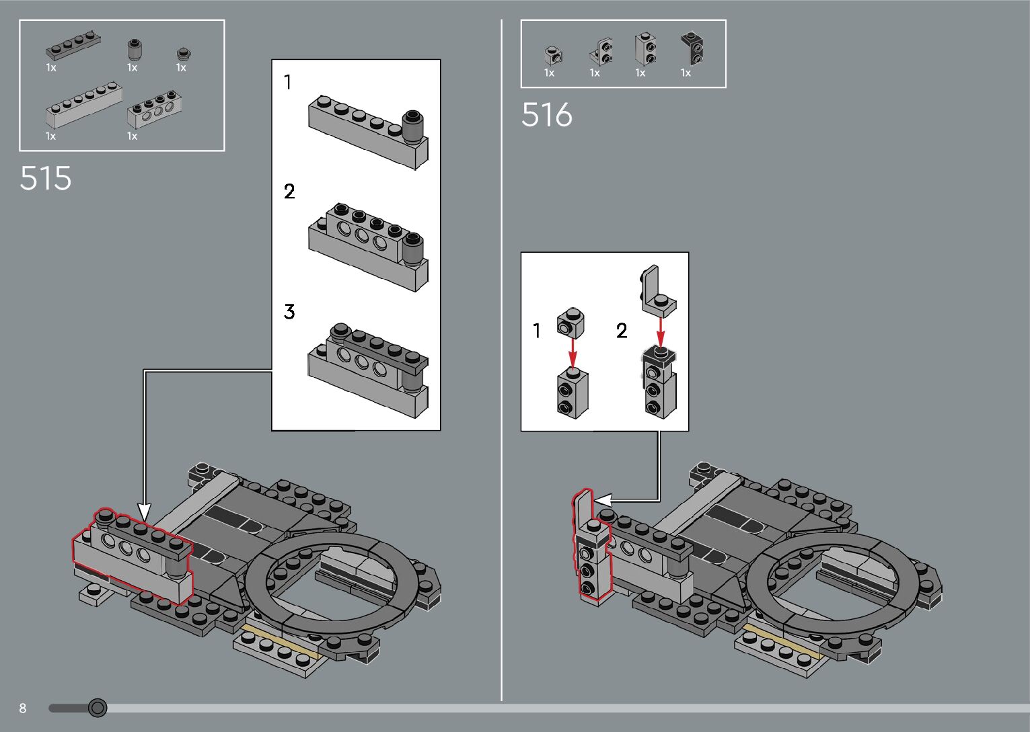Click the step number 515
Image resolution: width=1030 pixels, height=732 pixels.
(45, 178)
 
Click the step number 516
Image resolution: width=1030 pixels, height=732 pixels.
(546, 115)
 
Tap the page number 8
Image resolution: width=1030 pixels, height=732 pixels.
(23, 708)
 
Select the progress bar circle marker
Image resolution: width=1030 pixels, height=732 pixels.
(98, 707)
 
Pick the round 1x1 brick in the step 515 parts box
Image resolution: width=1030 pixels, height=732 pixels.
(135, 50)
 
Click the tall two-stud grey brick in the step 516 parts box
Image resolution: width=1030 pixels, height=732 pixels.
(645, 48)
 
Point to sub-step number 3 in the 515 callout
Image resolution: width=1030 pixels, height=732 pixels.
(289, 312)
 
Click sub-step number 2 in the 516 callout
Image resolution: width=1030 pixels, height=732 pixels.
(622, 331)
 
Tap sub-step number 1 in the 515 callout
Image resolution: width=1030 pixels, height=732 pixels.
(288, 83)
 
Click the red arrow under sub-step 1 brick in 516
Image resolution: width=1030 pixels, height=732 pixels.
(572, 352)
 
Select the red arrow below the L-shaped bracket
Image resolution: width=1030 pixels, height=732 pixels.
(661, 331)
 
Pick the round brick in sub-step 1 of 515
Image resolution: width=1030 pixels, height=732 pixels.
(413, 125)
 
